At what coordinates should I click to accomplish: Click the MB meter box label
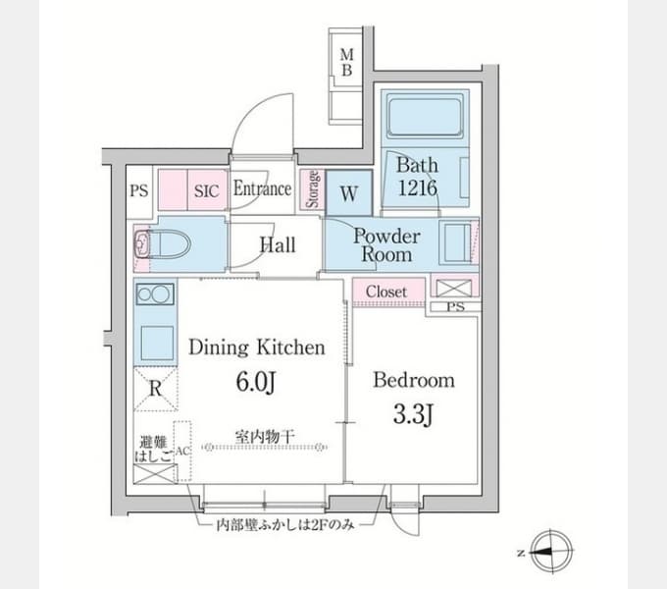[346, 62]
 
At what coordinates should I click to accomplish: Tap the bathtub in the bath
[425, 118]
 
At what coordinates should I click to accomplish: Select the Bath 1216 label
[417, 176]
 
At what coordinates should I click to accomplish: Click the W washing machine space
[349, 192]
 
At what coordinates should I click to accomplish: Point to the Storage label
[313, 189]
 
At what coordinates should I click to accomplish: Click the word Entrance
[262, 188]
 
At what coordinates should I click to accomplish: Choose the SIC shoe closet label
[206, 191]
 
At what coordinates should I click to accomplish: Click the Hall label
[278, 244]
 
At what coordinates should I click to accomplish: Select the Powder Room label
[386, 245]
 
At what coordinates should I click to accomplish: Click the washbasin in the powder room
[457, 242]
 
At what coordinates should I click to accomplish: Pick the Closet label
[386, 292]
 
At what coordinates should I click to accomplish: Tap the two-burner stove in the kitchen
[155, 294]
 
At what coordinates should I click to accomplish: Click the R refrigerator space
[156, 389]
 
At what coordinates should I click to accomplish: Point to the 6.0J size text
[256, 382]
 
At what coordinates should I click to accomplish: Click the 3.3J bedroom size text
[413, 414]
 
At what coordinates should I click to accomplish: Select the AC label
[182, 451]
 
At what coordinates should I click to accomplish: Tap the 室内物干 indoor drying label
[265, 436]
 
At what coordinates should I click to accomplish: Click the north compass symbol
[551, 552]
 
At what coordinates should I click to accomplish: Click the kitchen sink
[157, 343]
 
